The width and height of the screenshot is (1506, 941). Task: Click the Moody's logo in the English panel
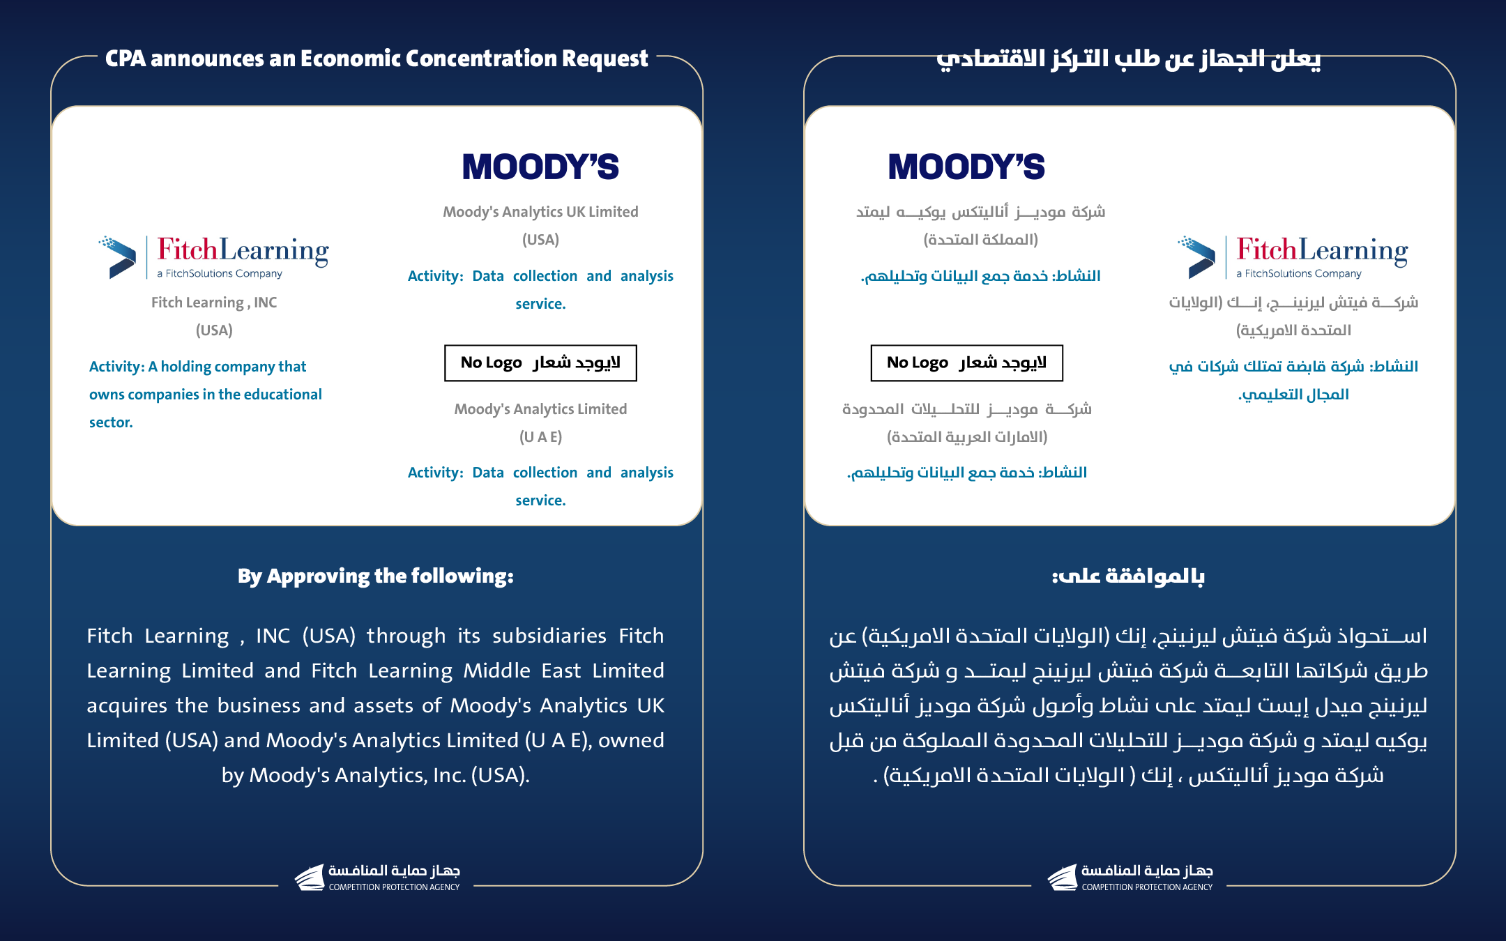click(540, 167)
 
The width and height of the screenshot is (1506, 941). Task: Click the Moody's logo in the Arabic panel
click(966, 167)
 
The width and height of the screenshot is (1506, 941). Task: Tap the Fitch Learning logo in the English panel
click(214, 257)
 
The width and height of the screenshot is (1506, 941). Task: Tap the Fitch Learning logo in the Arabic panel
click(1293, 257)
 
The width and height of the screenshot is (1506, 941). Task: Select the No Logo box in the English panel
click(540, 363)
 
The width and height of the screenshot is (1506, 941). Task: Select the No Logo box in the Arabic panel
click(966, 363)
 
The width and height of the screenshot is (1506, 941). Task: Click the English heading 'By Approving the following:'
click(376, 576)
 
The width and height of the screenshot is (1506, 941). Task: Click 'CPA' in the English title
click(125, 59)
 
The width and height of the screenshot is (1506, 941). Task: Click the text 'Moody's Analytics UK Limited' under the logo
click(540, 212)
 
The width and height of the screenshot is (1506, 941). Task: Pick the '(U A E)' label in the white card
click(540, 437)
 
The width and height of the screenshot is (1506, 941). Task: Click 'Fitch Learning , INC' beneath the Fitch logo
click(214, 303)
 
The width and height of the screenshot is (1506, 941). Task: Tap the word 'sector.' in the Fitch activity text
click(111, 422)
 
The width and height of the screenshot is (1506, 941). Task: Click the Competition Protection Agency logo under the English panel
click(377, 878)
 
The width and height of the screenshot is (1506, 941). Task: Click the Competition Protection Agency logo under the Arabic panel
click(1130, 878)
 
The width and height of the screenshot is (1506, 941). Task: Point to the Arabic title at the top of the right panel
click(1128, 59)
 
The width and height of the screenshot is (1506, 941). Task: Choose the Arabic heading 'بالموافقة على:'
click(1128, 576)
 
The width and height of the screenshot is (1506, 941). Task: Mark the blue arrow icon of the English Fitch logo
click(120, 257)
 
